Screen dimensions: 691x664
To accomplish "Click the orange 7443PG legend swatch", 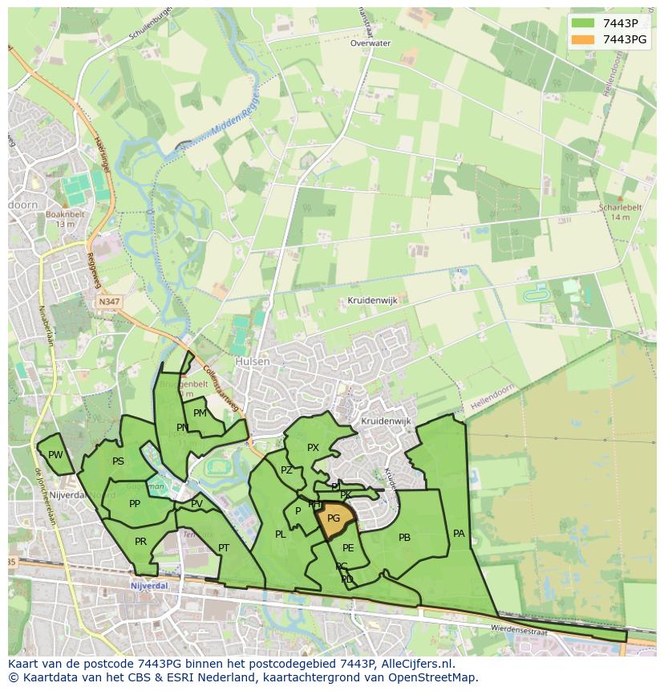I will tap(584, 39).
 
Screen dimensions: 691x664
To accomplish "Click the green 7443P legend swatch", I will tap(584, 22).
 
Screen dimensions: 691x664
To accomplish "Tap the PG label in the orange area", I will tap(334, 518).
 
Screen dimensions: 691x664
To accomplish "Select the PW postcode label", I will tap(55, 455).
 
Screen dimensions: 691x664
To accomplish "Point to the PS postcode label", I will tap(118, 461).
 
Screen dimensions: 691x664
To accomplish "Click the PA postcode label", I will tap(459, 533).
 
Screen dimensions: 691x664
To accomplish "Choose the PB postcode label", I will tap(404, 538).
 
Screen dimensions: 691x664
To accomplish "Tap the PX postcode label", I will tap(313, 448).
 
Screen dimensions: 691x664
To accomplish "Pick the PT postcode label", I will tap(224, 548).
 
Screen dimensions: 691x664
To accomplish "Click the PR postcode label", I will tap(140, 542).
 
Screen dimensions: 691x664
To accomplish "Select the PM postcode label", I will tap(200, 413).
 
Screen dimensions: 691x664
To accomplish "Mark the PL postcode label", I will tap(280, 535).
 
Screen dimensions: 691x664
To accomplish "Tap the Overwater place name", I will tap(370, 43).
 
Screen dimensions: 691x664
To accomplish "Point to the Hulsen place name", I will tap(253, 362).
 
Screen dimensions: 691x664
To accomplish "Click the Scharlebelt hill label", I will tap(620, 207).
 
